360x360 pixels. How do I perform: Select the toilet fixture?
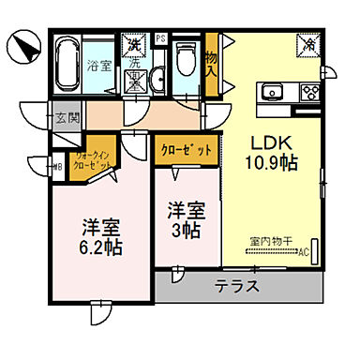pos(185,63)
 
